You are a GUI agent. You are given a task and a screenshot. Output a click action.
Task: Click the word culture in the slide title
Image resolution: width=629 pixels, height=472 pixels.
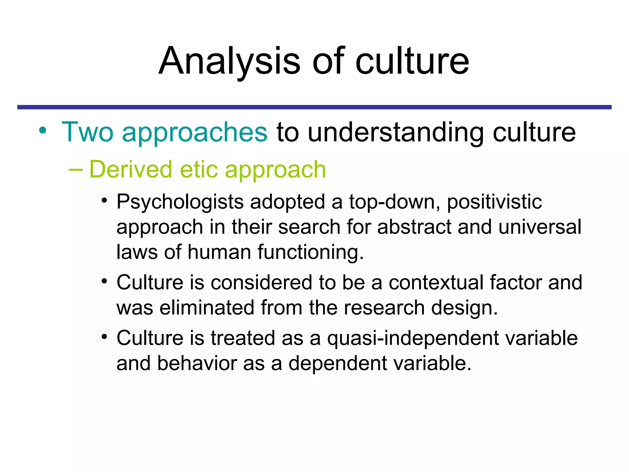pos(412,61)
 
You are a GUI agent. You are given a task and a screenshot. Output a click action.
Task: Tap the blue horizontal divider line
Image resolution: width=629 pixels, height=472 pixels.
pos(314,107)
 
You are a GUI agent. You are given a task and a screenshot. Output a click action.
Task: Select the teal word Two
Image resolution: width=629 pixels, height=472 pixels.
pos(88,132)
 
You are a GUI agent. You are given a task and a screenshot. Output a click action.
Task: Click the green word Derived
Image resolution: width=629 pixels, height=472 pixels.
pos(131,169)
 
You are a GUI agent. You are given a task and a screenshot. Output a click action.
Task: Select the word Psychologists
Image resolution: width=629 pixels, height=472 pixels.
pos(180,203)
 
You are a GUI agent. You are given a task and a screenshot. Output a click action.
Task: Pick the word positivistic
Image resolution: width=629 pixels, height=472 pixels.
pos(494,203)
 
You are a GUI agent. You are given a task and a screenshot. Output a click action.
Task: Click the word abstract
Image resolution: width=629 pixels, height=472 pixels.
pos(414,227)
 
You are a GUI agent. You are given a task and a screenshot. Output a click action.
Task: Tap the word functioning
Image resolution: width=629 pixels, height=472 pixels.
pos(311,252)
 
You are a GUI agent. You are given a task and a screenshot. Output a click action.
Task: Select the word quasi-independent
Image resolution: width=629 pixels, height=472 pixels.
pos(413,338)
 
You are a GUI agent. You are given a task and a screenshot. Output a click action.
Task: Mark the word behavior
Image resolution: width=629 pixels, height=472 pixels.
pos(197,364)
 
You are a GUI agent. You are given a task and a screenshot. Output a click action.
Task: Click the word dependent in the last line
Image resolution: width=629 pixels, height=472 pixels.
pos(338,364)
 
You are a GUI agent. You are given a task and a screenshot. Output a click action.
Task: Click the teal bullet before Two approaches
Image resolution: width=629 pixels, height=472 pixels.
pos(43,130)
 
